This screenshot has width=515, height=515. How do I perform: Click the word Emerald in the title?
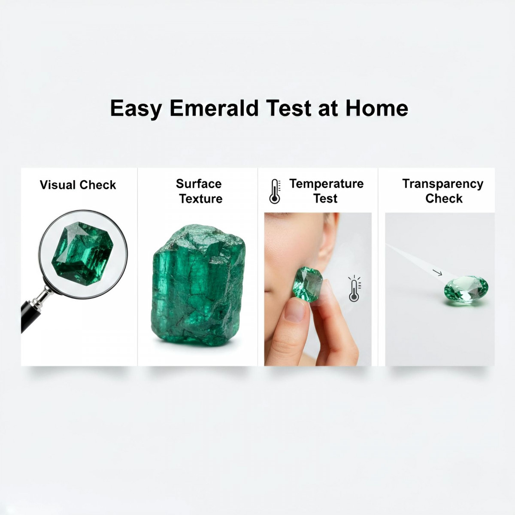[214, 108]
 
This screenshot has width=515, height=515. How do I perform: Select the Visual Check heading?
[78, 185]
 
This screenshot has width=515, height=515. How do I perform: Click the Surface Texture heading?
[200, 191]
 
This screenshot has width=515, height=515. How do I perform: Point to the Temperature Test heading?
[326, 191]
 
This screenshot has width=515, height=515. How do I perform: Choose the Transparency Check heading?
[443, 191]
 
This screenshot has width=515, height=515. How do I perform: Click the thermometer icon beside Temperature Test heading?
[275, 191]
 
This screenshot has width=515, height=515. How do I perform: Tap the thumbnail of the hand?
[296, 309]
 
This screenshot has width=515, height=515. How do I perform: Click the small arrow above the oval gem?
[437, 273]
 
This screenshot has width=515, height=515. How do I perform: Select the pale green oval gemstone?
[466, 290]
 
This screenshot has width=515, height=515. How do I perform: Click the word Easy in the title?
[136, 108]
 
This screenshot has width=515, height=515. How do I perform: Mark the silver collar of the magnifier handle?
[43, 296]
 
